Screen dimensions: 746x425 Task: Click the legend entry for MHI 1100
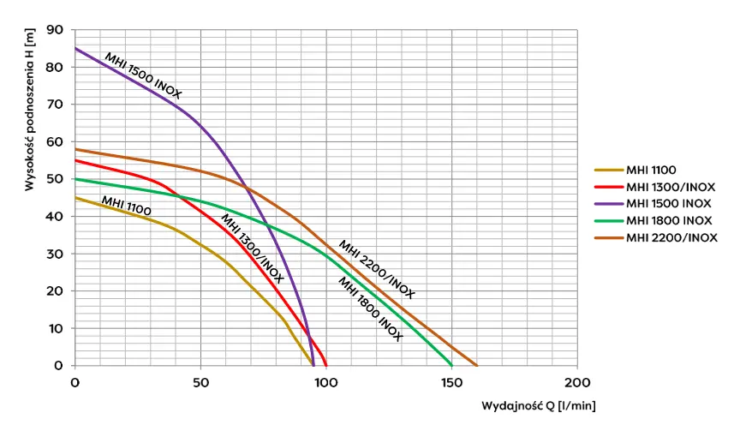[636, 170]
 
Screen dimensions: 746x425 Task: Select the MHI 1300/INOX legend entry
[654, 187]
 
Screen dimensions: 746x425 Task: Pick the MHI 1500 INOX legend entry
[653, 204]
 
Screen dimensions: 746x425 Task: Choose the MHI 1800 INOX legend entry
[653, 221]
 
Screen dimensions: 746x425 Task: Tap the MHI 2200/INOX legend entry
[655, 237]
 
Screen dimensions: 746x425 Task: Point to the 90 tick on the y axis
[55, 30]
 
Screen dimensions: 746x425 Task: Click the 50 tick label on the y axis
[55, 179]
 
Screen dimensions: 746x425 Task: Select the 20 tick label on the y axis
[55, 290]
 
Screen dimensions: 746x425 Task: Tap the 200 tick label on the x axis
[577, 382]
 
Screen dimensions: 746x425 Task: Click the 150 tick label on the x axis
[451, 382]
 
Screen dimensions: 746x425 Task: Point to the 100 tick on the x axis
[326, 382]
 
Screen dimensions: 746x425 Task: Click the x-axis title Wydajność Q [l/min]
[539, 406]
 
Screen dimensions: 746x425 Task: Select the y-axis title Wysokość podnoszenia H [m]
[29, 109]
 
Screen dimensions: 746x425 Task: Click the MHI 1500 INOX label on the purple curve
[143, 75]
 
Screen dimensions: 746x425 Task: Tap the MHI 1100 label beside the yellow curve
[126, 206]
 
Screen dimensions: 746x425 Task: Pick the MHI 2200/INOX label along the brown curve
[376, 269]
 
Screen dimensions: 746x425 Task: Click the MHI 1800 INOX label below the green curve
[370, 308]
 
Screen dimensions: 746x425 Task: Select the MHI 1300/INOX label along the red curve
[252, 248]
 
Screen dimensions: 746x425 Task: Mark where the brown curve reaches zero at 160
[477, 366]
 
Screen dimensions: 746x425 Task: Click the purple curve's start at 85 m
[75, 48]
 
